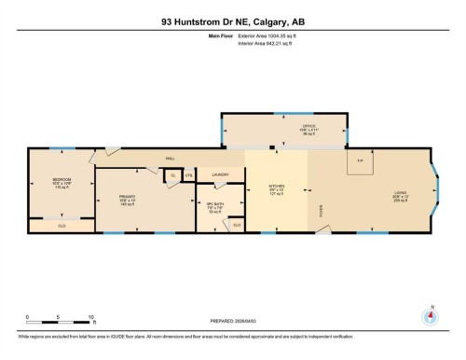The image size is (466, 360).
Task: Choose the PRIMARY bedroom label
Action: click(x=128, y=197)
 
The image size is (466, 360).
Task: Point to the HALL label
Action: click(x=171, y=159)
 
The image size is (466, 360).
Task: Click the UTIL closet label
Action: click(x=188, y=175)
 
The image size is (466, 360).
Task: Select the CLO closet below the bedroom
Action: click(x=62, y=226)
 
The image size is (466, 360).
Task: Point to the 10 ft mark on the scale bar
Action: click(x=89, y=317)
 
